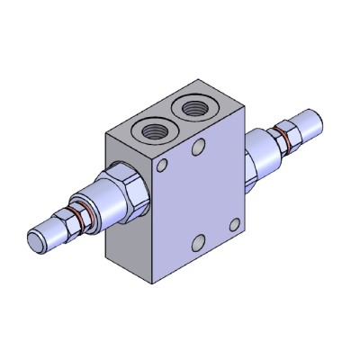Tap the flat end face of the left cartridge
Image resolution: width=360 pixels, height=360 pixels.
click(37, 242)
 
